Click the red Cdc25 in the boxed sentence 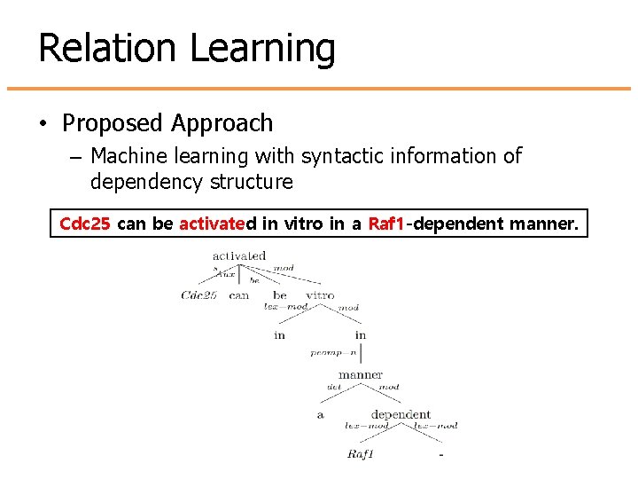84,224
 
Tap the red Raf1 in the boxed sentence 385,224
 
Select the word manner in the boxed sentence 544,224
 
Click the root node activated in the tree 238,256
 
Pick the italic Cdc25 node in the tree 198,295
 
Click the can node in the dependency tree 239,295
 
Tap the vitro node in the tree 320,295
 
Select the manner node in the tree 361,374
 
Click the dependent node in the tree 401,414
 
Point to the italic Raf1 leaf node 361,455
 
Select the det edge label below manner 334,388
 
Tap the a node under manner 320,415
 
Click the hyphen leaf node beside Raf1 440,456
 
